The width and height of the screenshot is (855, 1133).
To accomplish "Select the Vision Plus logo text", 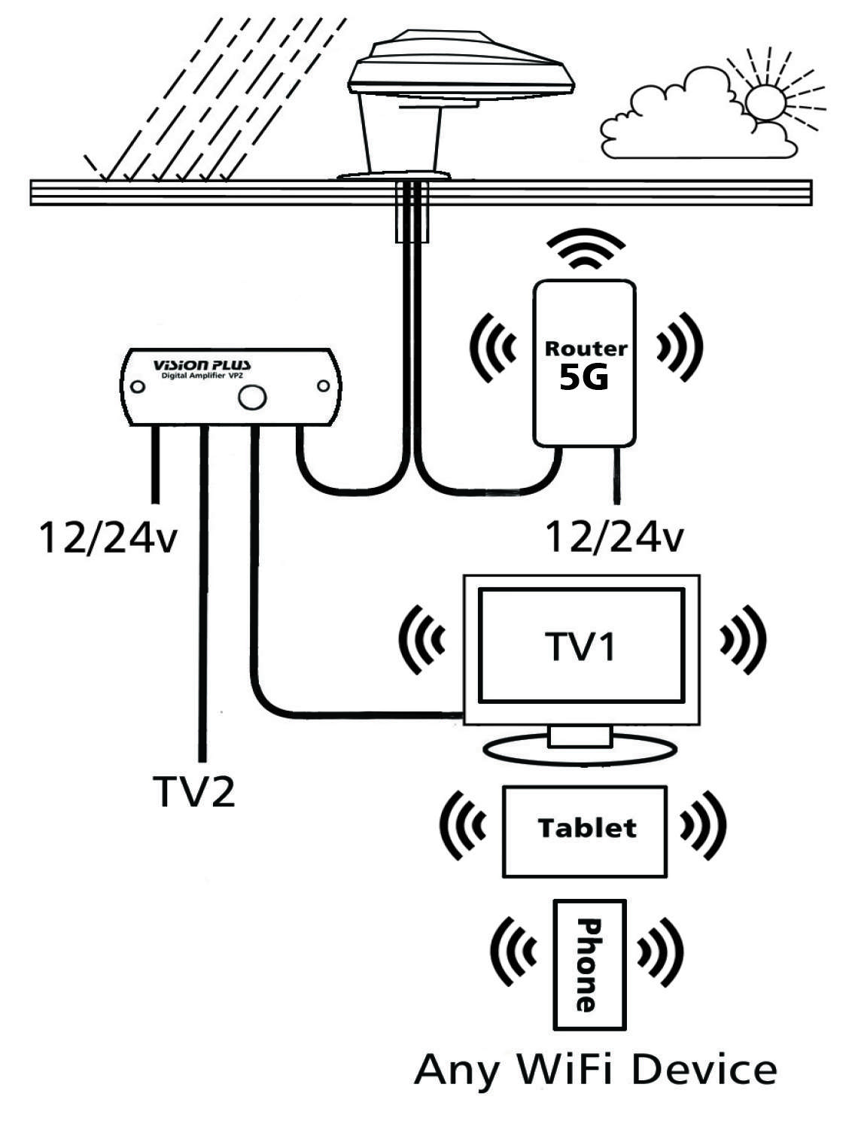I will [x=202, y=365].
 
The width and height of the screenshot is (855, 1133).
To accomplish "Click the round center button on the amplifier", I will [x=252, y=397].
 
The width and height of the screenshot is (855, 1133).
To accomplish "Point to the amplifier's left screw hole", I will [x=138, y=387].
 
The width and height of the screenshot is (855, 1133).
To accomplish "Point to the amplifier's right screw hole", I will [x=323, y=386].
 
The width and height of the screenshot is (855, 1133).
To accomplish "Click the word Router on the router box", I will [x=586, y=349].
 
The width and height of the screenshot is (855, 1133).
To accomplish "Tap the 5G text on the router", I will [x=584, y=378].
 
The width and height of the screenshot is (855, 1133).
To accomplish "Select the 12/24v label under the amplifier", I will [x=108, y=538].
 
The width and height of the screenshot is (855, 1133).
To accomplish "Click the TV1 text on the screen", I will [x=580, y=646].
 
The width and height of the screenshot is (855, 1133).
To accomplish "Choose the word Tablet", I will [x=587, y=828].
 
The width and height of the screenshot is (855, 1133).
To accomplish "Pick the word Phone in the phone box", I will [x=589, y=964].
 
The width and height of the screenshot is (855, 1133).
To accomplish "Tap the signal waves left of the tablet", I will [x=462, y=826].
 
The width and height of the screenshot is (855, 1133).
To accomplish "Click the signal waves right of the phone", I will [x=661, y=953].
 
